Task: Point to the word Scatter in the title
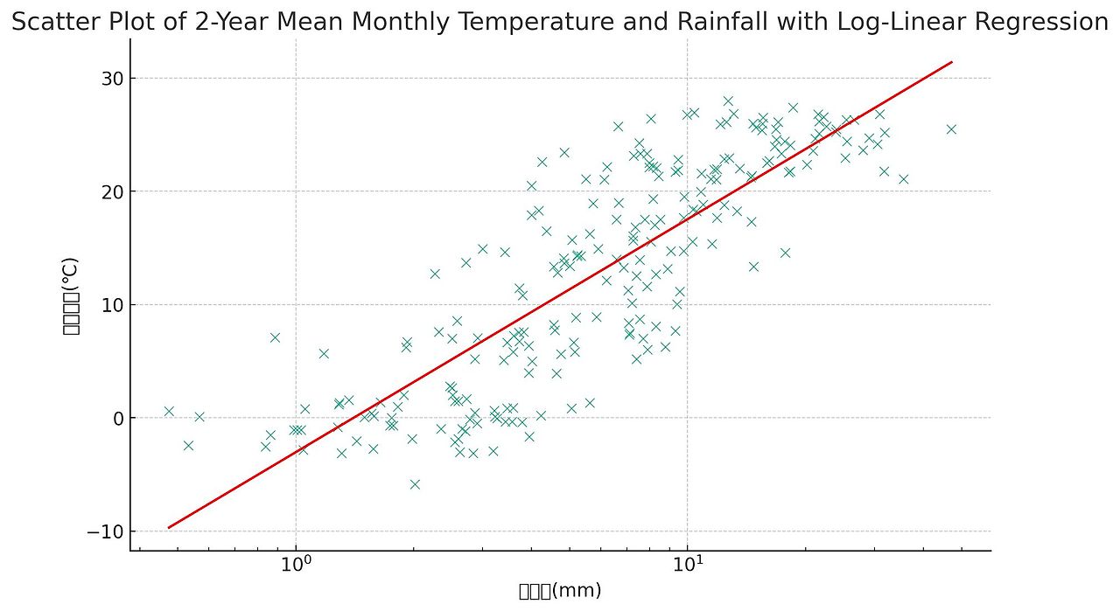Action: pos(52,23)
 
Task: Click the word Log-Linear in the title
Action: pos(892,23)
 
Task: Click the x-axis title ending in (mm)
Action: pos(560,591)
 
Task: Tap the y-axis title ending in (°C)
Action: pos(71,295)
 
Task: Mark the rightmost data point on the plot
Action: pos(951,129)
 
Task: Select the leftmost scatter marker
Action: pos(169,411)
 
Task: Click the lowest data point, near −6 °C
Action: pos(415,484)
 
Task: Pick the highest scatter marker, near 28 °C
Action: pos(728,101)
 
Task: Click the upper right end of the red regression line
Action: pos(951,62)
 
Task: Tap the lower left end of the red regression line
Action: pos(169,527)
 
